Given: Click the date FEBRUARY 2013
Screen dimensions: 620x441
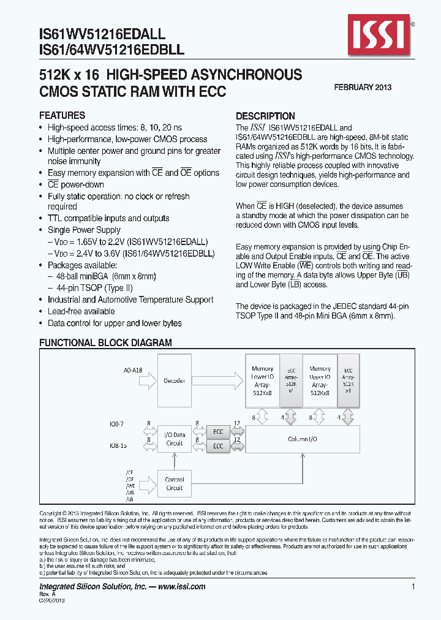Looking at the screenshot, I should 363,88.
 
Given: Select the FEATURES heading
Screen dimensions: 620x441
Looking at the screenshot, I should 62,116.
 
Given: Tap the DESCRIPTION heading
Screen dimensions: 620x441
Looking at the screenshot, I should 265,116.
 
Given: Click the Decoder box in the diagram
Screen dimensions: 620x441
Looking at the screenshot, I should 174,380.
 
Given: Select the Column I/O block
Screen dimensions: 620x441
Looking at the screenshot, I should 303,439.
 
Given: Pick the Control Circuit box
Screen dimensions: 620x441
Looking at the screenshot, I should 174,484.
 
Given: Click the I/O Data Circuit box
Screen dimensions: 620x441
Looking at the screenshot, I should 174,439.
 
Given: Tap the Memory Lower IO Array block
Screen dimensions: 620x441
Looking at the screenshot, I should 262,380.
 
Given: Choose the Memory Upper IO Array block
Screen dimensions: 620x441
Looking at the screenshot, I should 320,380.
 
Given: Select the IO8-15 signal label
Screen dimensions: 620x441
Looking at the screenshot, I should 119,447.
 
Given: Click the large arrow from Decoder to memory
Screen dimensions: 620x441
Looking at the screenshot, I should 217,380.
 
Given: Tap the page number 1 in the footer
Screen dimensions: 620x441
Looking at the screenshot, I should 413,587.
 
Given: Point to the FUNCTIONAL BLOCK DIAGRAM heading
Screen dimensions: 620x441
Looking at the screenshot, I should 105,343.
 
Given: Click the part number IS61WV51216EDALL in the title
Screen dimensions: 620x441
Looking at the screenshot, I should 102,37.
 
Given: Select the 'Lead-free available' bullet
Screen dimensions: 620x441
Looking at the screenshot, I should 81,311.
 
